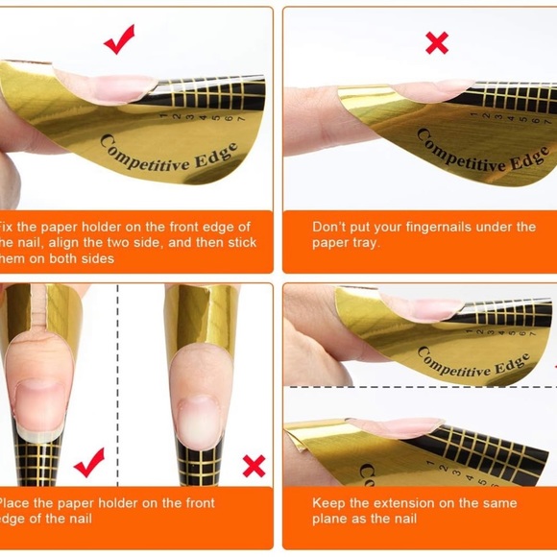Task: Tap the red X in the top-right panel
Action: tap(437, 42)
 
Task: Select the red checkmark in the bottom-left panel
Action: tap(88, 462)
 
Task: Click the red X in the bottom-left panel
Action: tap(254, 466)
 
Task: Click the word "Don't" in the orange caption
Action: tap(330, 227)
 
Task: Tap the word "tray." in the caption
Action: tap(362, 243)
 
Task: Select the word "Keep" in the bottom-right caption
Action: tap(328, 503)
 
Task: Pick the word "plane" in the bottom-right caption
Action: tap(330, 520)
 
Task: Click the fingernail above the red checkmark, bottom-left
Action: tap(40, 394)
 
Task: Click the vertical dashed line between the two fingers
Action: tap(118, 384)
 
